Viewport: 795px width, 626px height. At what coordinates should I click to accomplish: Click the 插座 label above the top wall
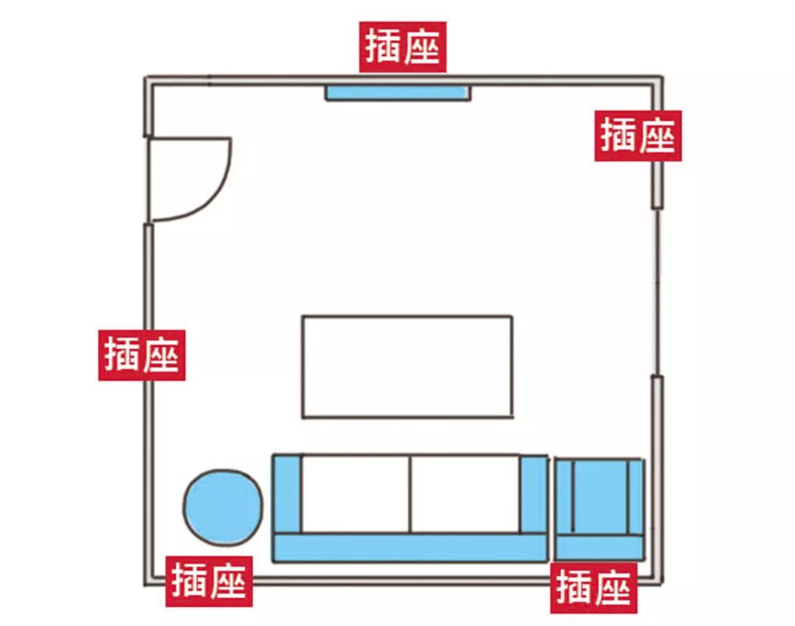pyautogui.click(x=403, y=47)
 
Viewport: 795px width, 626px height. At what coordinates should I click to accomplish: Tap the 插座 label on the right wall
pyautogui.click(x=637, y=136)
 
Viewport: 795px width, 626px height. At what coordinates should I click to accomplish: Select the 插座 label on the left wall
pyautogui.click(x=141, y=355)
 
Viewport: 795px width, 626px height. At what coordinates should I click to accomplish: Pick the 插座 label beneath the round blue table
pyautogui.click(x=209, y=581)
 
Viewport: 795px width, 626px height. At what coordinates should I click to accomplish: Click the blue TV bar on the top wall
pyautogui.click(x=397, y=92)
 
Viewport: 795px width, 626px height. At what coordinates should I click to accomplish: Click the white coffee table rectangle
pyautogui.click(x=406, y=367)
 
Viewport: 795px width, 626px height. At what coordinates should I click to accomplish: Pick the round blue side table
pyautogui.click(x=222, y=507)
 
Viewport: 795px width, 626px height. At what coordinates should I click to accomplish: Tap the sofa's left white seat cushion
pyautogui.click(x=356, y=493)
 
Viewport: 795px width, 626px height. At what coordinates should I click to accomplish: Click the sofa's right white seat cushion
pyautogui.click(x=465, y=493)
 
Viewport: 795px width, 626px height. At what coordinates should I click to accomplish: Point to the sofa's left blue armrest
pyautogui.click(x=287, y=493)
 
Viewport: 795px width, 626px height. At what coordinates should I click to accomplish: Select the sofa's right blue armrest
pyautogui.click(x=534, y=493)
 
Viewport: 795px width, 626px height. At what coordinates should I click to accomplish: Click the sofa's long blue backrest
pyautogui.click(x=409, y=548)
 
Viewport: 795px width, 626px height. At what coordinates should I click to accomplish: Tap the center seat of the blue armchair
pyautogui.click(x=599, y=496)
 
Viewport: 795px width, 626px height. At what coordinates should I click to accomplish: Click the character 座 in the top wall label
pyautogui.click(x=423, y=47)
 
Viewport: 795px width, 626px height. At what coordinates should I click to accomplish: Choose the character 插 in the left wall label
pyautogui.click(x=121, y=355)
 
